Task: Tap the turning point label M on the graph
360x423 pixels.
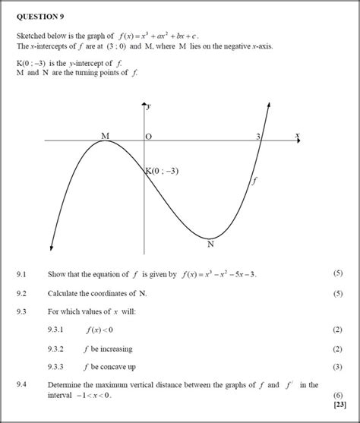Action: click(106, 135)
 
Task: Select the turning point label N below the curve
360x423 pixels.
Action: click(210, 245)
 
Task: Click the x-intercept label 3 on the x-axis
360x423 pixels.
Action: click(258, 136)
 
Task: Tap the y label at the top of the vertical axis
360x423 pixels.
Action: click(149, 106)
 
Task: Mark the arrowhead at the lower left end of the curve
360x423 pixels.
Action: click(51, 248)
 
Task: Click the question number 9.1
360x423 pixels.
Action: click(21, 273)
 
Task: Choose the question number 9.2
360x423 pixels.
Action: click(21, 292)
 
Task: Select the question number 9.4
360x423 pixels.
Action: click(21, 386)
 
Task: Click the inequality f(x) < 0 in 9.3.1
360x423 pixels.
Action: click(99, 330)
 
